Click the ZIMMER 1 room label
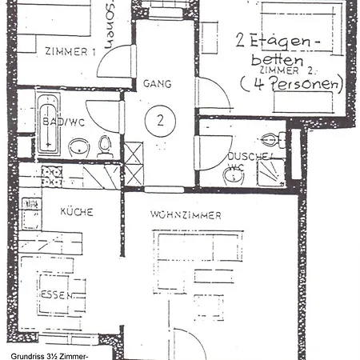click(x=70, y=51)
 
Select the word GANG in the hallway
click(x=158, y=83)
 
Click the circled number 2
click(x=160, y=121)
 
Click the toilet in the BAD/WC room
click(x=104, y=146)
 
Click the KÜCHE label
click(x=77, y=212)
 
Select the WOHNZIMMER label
click(x=186, y=215)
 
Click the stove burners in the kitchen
click(x=52, y=176)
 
